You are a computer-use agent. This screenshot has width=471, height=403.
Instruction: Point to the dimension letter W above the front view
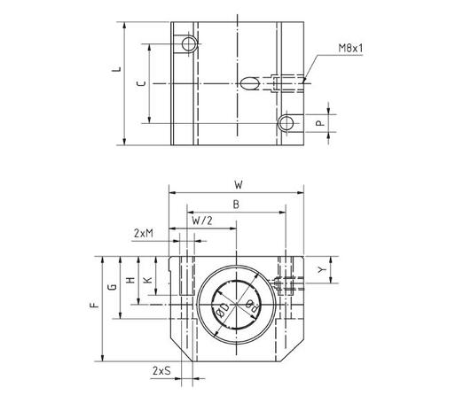click(238, 185)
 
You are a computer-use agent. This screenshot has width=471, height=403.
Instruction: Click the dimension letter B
click(234, 204)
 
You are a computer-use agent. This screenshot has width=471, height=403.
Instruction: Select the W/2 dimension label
click(201, 220)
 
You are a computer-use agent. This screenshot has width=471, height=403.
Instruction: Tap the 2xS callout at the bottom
click(161, 370)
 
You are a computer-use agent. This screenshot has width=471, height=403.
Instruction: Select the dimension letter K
click(148, 277)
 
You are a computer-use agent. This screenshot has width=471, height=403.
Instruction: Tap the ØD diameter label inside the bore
click(222, 311)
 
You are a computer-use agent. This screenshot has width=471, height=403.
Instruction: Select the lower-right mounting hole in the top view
click(285, 123)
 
